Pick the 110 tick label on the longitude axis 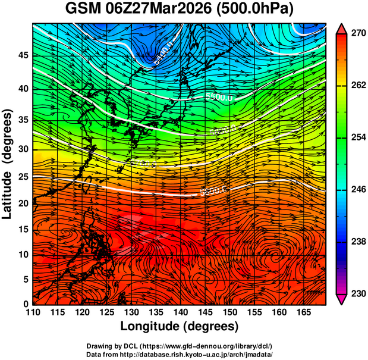coord(33,312)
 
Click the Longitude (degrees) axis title coord(180,326)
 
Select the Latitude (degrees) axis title coord(8,164)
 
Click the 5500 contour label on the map coord(218,96)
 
